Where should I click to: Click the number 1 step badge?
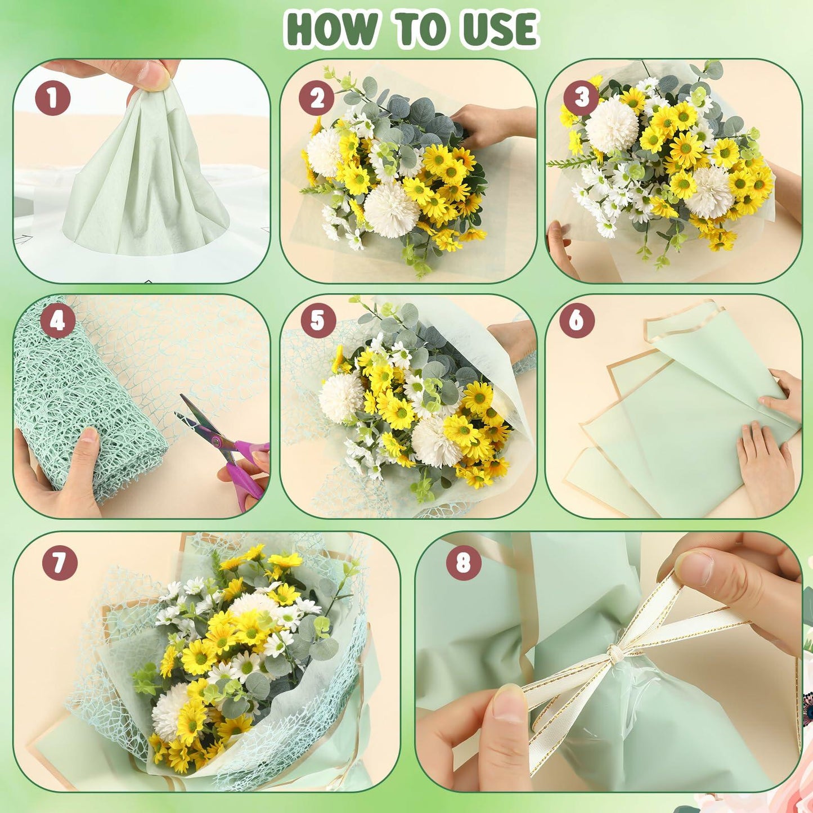[53, 98]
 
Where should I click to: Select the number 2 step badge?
[317, 98]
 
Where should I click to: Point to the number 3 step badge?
[581, 97]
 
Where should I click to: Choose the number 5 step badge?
[318, 321]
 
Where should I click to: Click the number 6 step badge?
[576, 321]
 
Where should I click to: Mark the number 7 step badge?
[60, 562]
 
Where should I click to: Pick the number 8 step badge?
[463, 562]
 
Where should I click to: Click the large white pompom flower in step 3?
[612, 125]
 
